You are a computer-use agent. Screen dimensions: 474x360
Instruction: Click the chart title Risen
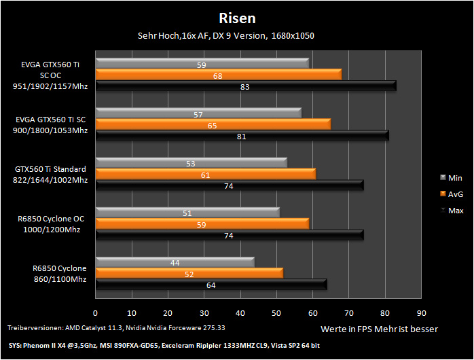point(237,18)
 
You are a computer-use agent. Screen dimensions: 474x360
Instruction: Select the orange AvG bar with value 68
point(219,75)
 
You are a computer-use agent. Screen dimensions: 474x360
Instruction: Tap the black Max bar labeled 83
point(246,86)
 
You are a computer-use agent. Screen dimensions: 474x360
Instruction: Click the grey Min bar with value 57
point(198,113)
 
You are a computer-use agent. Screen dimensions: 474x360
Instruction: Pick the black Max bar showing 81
point(242,135)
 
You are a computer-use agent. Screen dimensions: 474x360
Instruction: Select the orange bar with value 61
point(206,174)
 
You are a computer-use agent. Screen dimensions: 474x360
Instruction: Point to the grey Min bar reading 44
point(175,262)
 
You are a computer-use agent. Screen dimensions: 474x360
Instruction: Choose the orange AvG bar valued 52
point(189,273)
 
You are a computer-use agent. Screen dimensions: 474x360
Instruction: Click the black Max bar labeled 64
point(211,285)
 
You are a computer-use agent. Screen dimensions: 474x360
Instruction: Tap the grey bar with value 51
point(187,213)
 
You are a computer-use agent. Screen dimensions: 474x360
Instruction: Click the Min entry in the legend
point(451,178)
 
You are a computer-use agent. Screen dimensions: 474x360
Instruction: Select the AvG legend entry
point(452,194)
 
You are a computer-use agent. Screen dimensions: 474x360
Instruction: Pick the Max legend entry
point(452,211)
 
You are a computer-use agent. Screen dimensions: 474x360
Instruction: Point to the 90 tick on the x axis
point(422,313)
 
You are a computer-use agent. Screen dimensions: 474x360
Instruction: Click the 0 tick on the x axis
point(95,313)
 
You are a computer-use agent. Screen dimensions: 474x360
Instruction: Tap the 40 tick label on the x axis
point(240,313)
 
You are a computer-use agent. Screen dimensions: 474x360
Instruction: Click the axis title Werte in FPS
point(346,329)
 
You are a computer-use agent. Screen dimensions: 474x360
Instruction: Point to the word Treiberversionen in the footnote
point(36,328)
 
